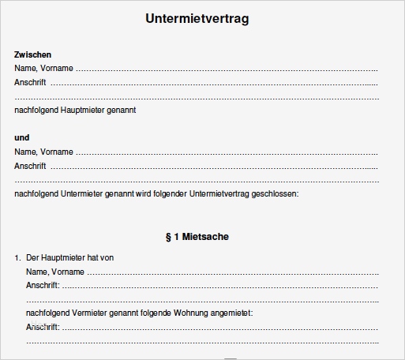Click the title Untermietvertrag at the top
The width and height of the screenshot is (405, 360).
pos(197,18)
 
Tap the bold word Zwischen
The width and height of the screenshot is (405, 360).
pos(33,54)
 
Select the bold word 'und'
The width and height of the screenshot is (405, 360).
pos(21,137)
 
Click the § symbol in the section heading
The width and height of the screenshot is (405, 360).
pos(168,236)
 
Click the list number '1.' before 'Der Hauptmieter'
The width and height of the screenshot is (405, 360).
pos(17,258)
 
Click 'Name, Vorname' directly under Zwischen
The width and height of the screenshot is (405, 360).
pos(43,69)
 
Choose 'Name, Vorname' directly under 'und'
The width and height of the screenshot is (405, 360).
pos(43,152)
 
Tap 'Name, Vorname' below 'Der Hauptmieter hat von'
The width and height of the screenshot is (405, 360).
pos(55,272)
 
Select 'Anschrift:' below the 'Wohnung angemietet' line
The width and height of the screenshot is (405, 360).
pos(43,327)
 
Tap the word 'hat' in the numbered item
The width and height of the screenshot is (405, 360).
pos(95,258)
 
